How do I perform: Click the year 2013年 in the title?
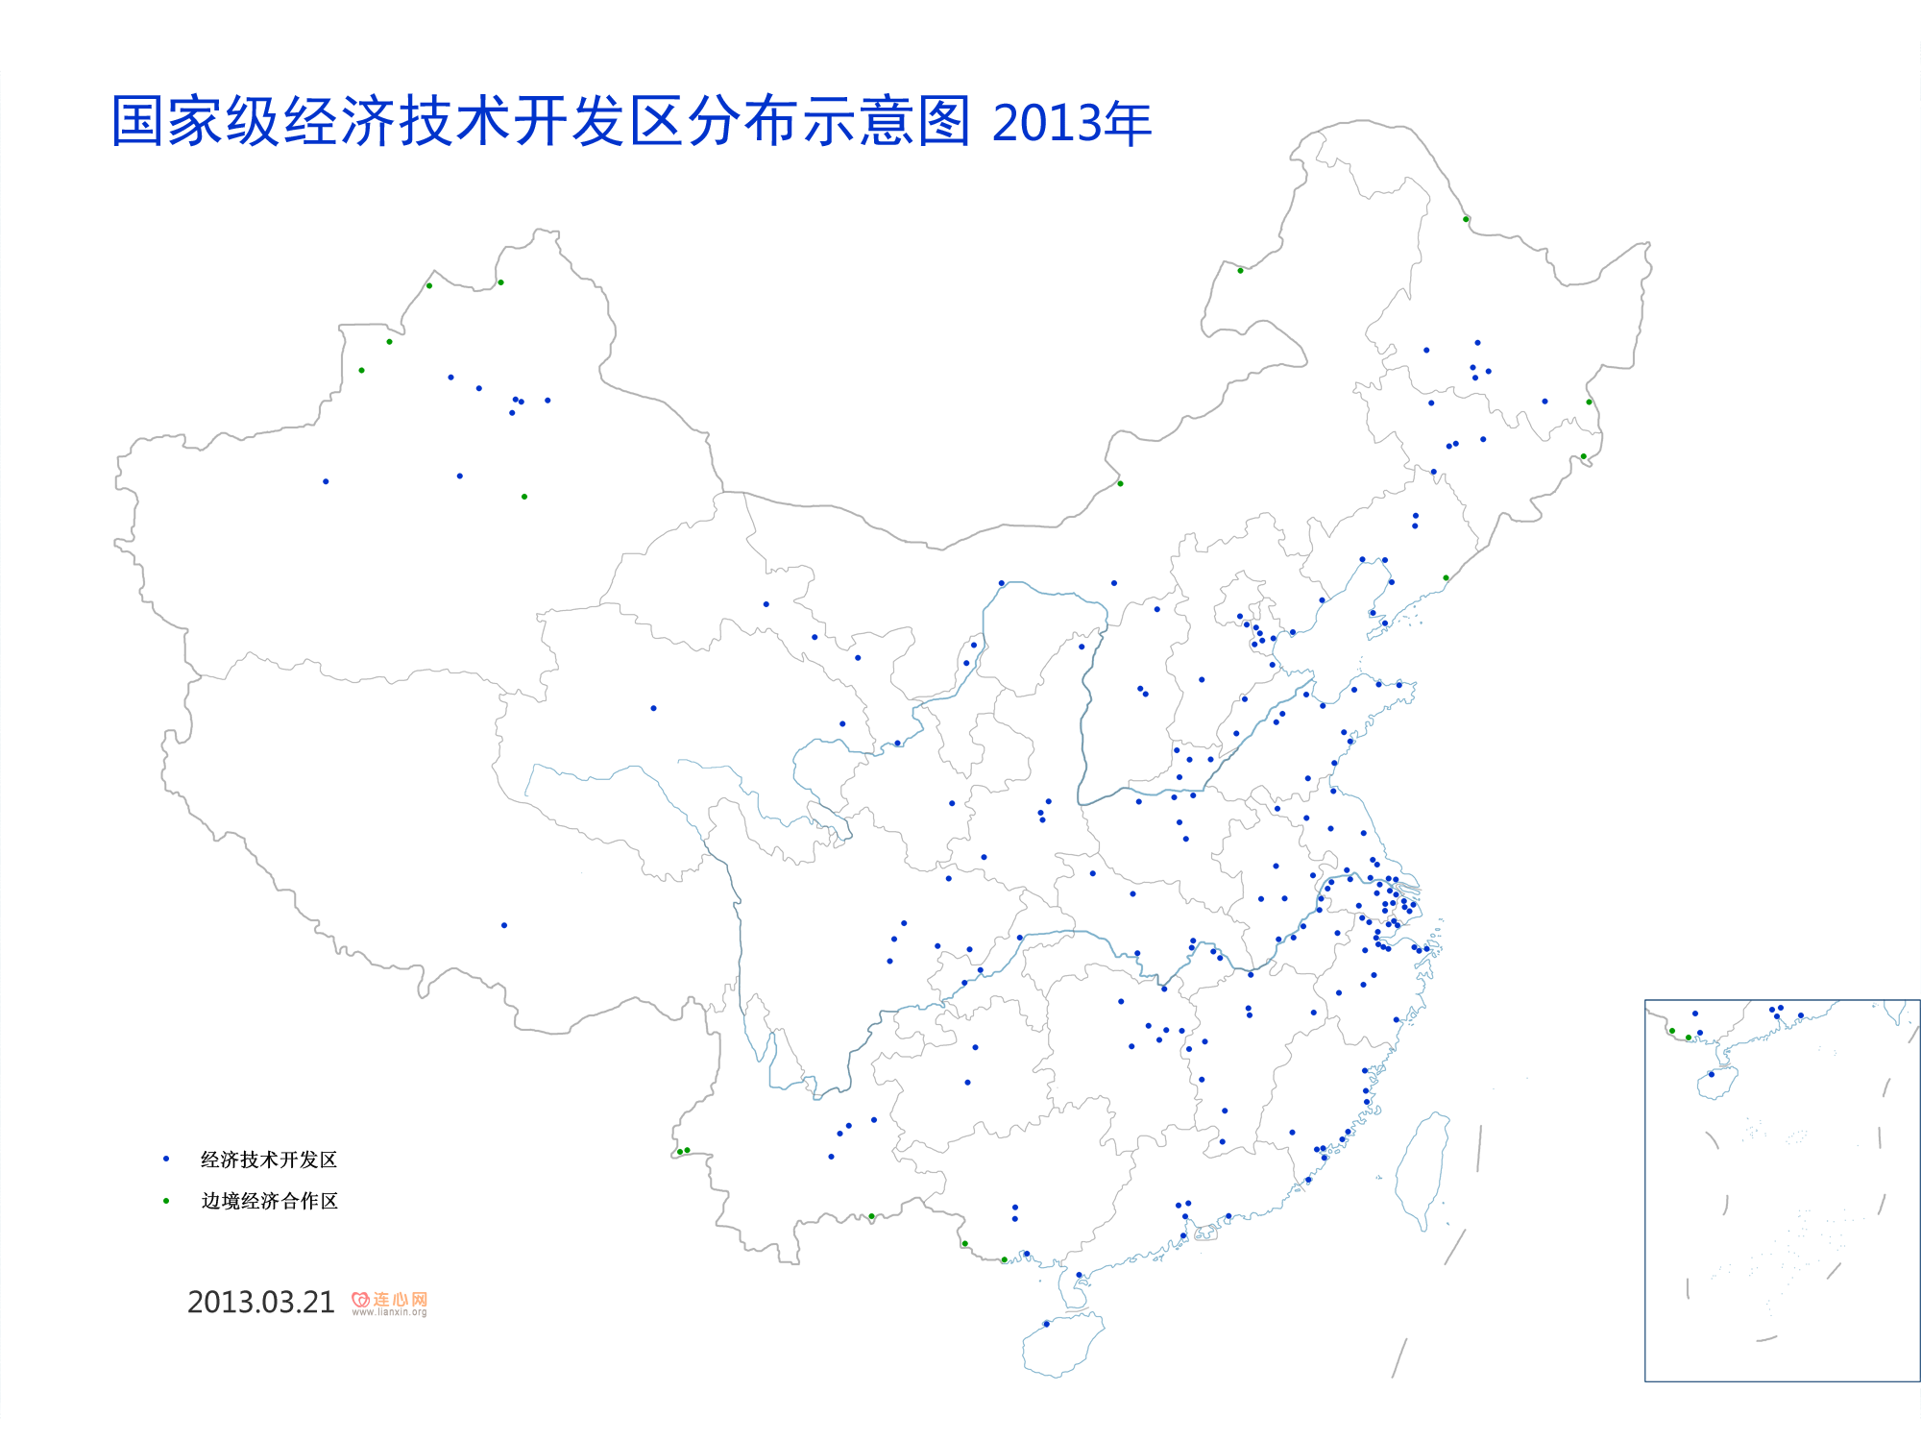tap(1071, 123)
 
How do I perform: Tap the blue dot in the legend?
tap(166, 1160)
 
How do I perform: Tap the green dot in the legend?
tap(166, 1201)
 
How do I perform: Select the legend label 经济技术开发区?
tap(269, 1160)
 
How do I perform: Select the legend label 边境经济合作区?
tap(269, 1201)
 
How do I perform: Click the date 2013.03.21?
tap(260, 1303)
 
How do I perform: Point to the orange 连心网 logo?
tap(390, 1299)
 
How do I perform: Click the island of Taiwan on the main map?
tap(1420, 1172)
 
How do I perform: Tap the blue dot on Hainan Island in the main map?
tap(1046, 1324)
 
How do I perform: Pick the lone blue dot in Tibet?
tap(504, 925)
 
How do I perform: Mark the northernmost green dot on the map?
tap(1466, 219)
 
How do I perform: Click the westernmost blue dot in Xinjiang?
tap(326, 481)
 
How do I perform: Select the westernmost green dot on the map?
tap(361, 370)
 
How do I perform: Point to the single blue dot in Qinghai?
tap(653, 708)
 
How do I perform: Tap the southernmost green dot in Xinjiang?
tap(523, 497)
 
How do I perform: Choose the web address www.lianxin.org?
tap(389, 1312)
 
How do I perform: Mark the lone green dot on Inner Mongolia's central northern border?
tap(1120, 483)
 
